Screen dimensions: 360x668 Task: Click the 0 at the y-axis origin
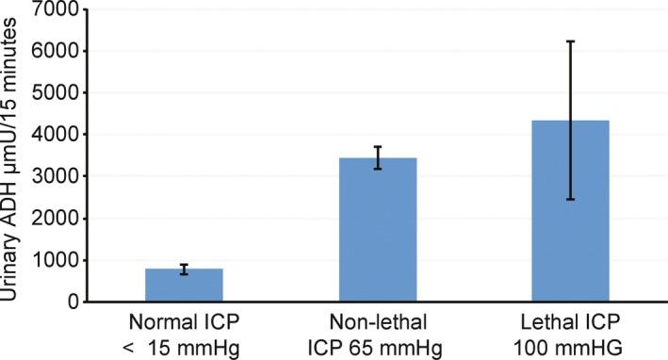coord(71,302)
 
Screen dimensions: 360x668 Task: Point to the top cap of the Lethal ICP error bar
coord(570,41)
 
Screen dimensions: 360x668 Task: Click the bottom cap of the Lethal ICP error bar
coord(570,199)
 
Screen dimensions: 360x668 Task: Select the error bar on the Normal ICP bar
coord(184,269)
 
